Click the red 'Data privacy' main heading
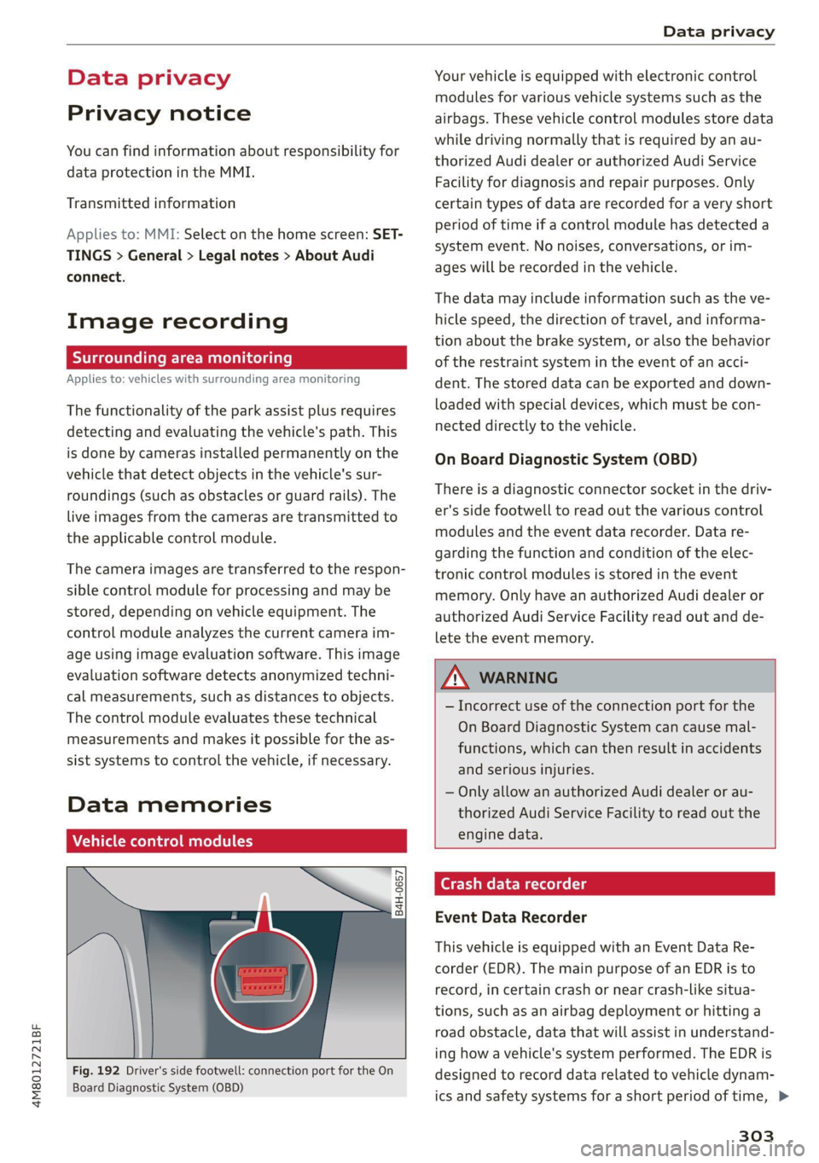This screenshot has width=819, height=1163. coord(148,79)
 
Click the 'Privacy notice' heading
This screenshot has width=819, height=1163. coord(159,113)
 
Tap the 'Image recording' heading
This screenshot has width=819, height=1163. coord(177,322)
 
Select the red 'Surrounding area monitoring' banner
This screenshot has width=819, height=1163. coord(235,358)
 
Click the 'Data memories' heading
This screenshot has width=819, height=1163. coord(169,805)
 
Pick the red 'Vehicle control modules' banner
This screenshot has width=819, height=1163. coord(235,841)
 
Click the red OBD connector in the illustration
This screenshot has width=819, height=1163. coord(263,980)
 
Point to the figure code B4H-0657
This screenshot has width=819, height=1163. coord(398,893)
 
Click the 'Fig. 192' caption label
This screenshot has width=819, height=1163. coord(96,1071)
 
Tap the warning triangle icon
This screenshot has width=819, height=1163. coord(456,677)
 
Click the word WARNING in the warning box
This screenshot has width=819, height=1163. coord(518,678)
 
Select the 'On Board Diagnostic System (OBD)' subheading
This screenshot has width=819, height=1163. coord(566,459)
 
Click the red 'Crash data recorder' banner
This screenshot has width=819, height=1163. coord(604,884)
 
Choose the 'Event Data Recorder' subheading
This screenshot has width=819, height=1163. coord(510,917)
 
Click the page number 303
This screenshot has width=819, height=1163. coord(756,1136)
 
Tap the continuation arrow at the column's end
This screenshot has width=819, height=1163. coord(784,1096)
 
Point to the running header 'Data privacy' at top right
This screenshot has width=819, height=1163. coord(718,32)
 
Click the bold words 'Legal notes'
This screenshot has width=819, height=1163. coord(238,256)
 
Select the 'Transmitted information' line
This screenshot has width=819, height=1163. coord(151,203)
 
